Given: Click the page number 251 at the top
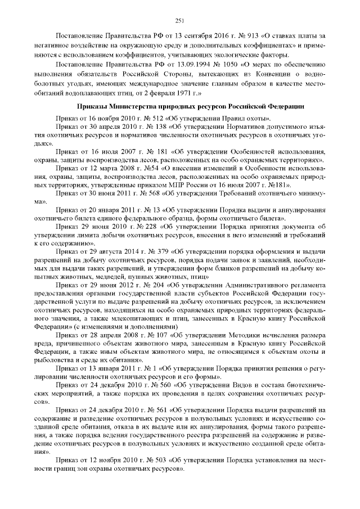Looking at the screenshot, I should (180, 21).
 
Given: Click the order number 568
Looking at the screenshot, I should (138, 191).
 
